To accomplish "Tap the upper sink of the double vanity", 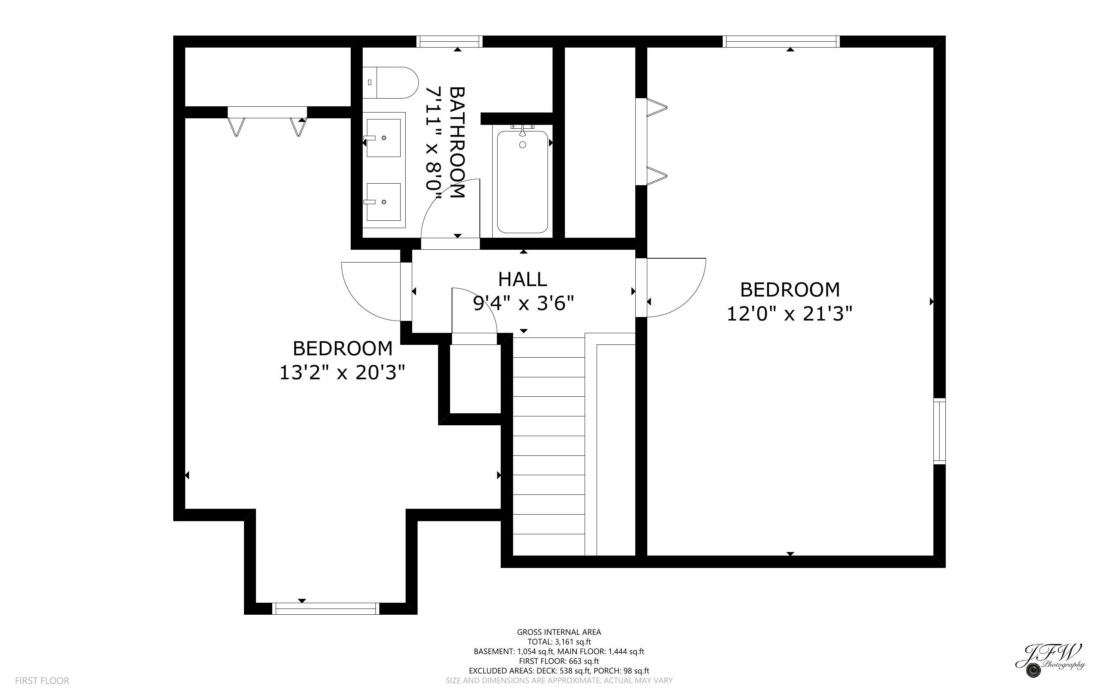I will pyautogui.click(x=383, y=138).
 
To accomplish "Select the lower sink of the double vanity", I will pyautogui.click(x=383, y=202).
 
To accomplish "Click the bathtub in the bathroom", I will pyautogui.click(x=522, y=182).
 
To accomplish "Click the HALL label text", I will pyautogui.click(x=522, y=279).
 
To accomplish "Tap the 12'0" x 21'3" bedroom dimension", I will pyautogui.click(x=789, y=314).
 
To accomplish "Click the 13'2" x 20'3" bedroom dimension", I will pyautogui.click(x=342, y=372).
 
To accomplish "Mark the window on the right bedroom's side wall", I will pyautogui.click(x=939, y=431).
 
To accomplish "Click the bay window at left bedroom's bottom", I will pyautogui.click(x=326, y=609).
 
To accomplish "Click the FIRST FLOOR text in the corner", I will pyautogui.click(x=42, y=680).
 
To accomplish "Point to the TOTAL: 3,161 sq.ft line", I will pyautogui.click(x=559, y=642).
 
